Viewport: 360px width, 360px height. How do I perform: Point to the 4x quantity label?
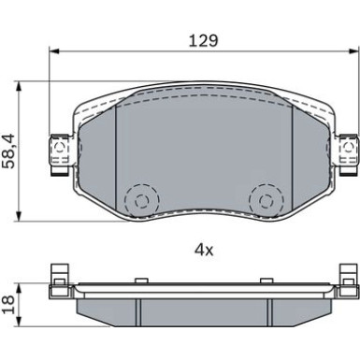point(203,251)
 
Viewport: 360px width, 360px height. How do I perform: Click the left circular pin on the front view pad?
point(143,198)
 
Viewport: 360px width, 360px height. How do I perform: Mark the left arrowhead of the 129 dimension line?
point(51,51)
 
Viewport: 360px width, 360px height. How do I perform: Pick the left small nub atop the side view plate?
point(137,279)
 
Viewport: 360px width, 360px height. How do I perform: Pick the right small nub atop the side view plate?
point(269,279)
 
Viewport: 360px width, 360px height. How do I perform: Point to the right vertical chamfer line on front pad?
point(293,159)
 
